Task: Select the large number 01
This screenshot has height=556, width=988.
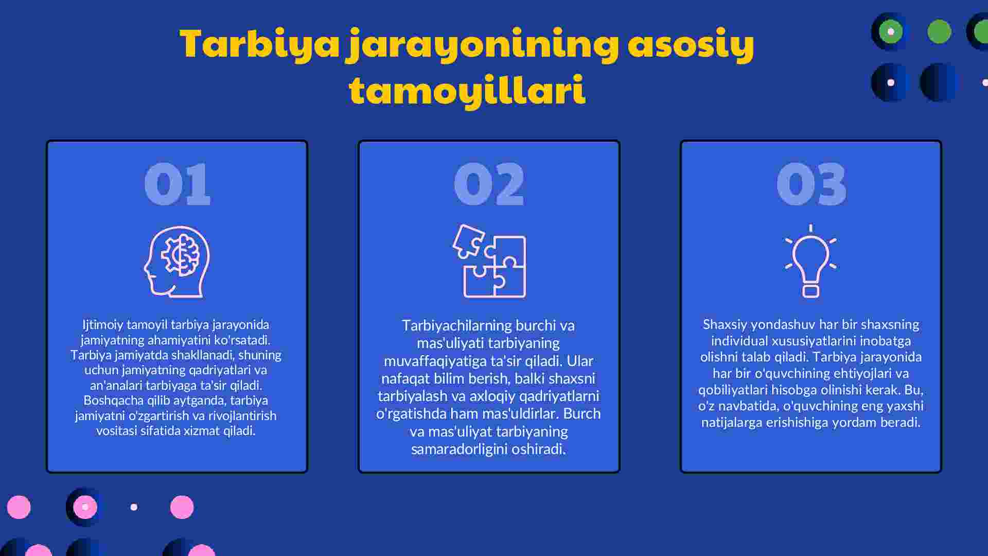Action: pyautogui.click(x=177, y=184)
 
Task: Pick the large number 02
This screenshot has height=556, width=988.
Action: pyautogui.click(x=489, y=184)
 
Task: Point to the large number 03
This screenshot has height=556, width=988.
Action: pyautogui.click(x=811, y=184)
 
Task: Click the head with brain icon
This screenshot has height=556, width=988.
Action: pyautogui.click(x=177, y=262)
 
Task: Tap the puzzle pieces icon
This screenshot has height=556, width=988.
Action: pyautogui.click(x=489, y=261)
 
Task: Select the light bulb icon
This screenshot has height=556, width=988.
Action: pyautogui.click(x=811, y=261)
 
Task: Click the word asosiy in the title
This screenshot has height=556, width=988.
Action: pyautogui.click(x=691, y=45)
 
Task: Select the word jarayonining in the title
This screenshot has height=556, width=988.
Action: pyautogui.click(x=482, y=45)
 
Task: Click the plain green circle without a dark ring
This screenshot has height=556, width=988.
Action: pyautogui.click(x=939, y=31)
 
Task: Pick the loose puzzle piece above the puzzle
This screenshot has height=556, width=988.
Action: pyautogui.click(x=468, y=241)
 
